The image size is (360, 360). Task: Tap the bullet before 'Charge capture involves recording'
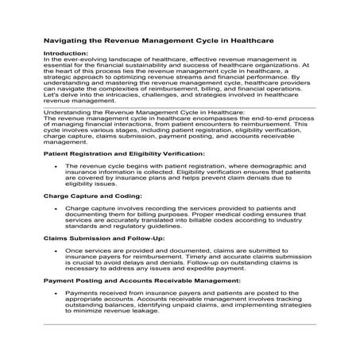[55, 209]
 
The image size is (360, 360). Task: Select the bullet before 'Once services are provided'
[55, 251]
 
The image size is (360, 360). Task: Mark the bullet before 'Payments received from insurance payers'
[55, 294]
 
